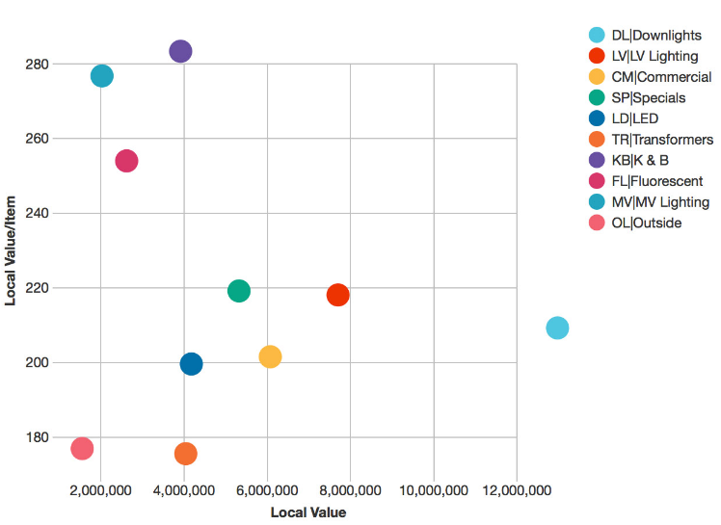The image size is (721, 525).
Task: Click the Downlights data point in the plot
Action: click(557, 328)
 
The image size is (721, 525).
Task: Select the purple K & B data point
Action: click(180, 51)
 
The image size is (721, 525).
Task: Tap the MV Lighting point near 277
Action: click(102, 76)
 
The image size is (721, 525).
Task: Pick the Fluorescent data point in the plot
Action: click(126, 161)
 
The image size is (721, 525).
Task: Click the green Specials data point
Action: click(239, 291)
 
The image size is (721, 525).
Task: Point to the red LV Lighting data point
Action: click(337, 295)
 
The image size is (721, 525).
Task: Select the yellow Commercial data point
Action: click(270, 356)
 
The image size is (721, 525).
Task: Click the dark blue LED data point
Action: click(191, 364)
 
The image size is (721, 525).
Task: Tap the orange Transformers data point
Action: click(186, 453)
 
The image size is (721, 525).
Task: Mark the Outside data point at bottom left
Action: click(82, 448)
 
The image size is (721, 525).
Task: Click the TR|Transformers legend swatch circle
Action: click(597, 140)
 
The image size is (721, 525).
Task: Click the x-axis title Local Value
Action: click(307, 512)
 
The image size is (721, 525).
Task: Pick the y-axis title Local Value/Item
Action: click(12, 250)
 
